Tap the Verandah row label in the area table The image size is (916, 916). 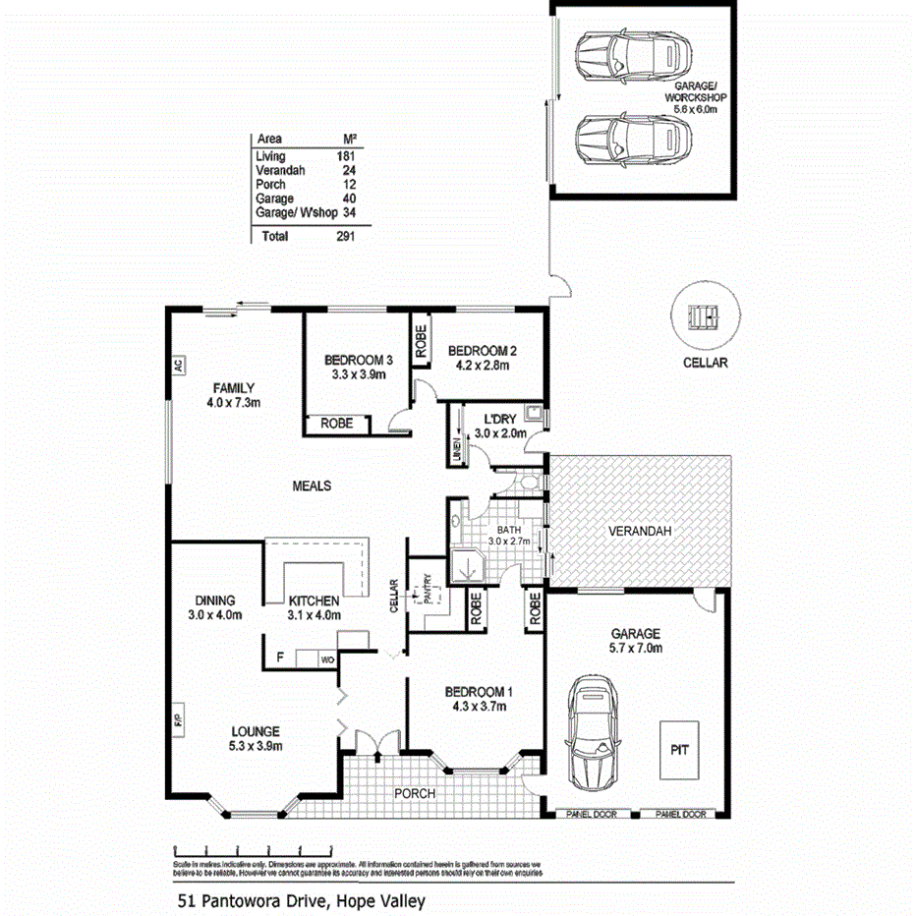277,170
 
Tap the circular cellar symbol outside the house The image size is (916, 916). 705,317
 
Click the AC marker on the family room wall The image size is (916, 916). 178,366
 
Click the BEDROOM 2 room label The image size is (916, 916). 482,351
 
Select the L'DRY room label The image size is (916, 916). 501,419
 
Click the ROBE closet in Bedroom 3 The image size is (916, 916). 337,424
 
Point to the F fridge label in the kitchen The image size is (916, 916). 280,657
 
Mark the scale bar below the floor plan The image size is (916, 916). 253,848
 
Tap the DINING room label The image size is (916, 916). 214,601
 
